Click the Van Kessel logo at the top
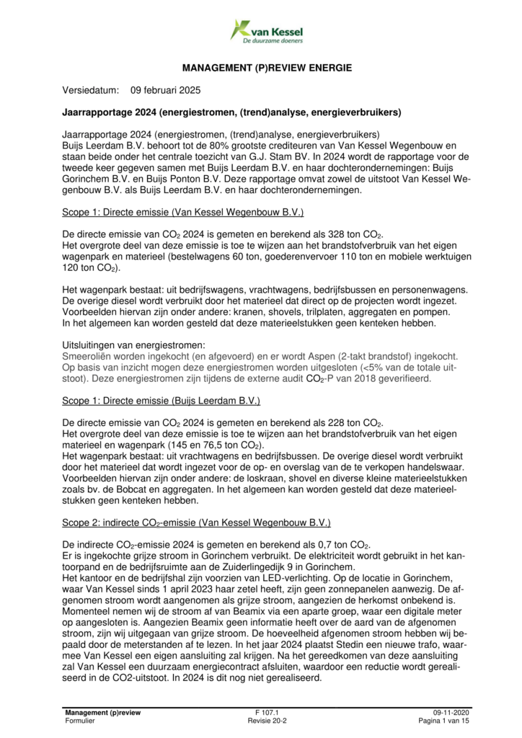(x=266, y=32)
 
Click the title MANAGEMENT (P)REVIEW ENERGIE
(x=267, y=68)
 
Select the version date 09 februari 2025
(x=166, y=91)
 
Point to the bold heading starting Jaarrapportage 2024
(x=231, y=113)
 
